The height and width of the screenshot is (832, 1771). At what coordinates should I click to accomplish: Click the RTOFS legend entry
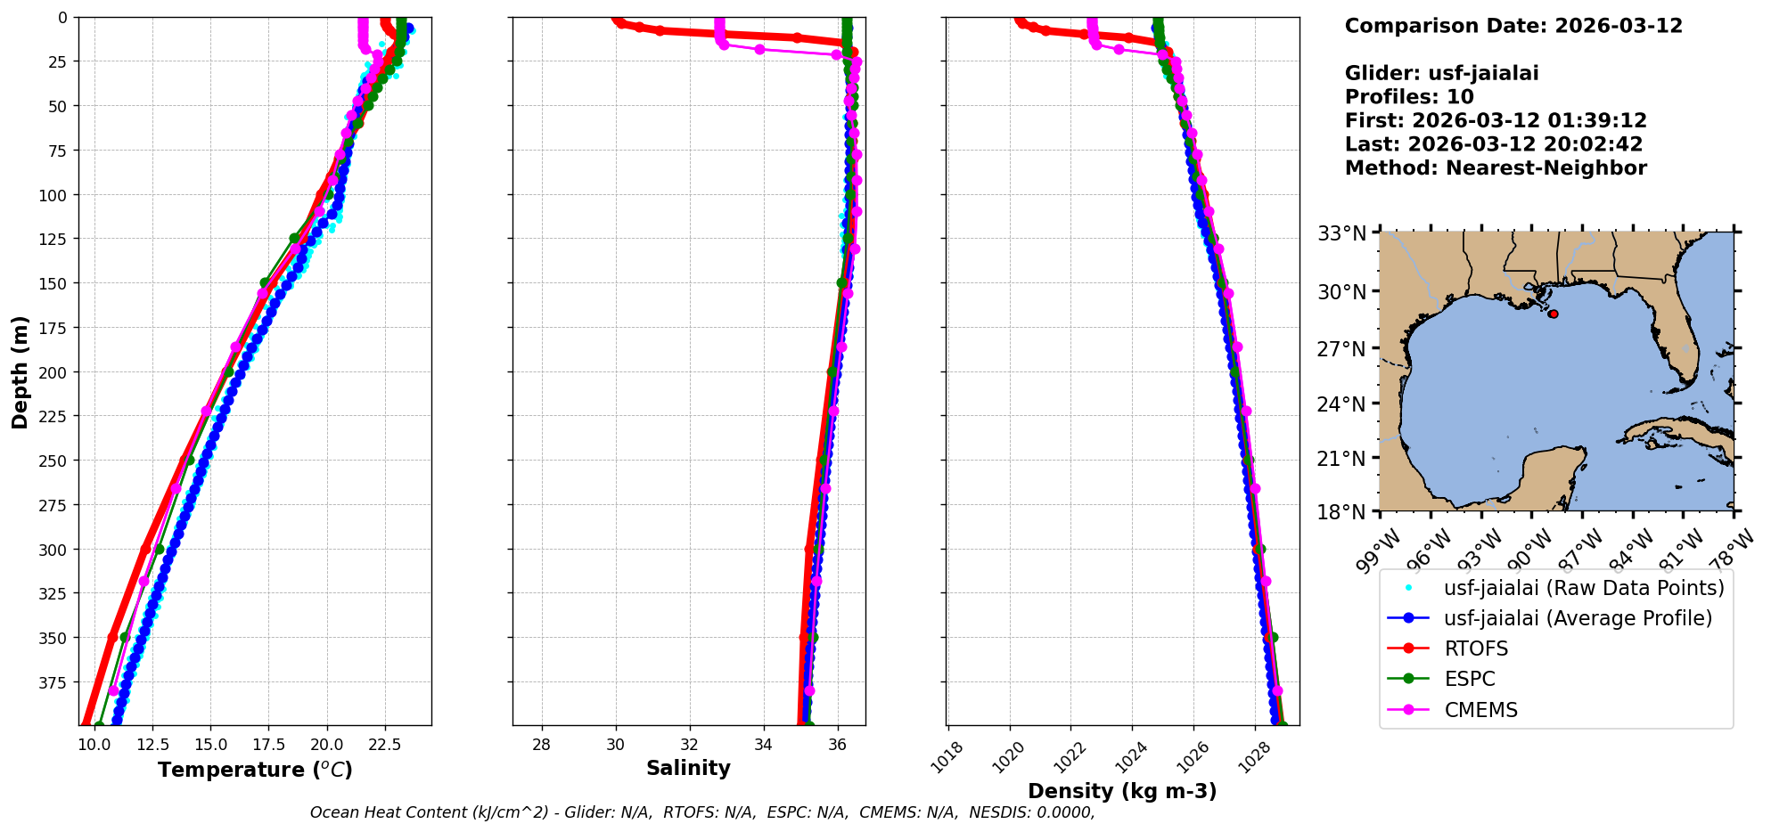pos(1476,648)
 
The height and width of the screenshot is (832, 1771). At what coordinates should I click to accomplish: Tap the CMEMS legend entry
pos(1480,710)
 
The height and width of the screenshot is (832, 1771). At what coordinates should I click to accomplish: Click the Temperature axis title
pos(255,770)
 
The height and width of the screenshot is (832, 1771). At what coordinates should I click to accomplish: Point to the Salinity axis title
pos(688,768)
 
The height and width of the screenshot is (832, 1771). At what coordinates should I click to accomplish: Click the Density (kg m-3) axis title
pos(1122,791)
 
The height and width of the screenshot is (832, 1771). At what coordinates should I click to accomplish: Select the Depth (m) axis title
pos(20,371)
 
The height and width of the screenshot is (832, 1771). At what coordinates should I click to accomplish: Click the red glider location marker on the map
pos(1554,314)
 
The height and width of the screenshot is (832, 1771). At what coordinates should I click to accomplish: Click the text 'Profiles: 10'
pos(1409,97)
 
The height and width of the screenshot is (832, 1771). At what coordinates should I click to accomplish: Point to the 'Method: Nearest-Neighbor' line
pos(1496,167)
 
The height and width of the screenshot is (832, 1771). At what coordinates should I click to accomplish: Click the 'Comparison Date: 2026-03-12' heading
pos(1513,26)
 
